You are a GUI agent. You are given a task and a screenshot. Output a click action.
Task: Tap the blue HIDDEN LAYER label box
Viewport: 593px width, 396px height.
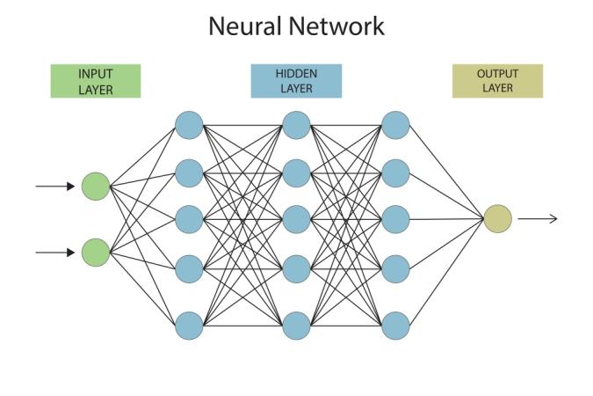296,81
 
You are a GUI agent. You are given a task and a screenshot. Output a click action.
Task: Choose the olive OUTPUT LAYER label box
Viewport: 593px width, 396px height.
497,81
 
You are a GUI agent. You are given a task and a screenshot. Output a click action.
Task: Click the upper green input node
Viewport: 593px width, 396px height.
95,187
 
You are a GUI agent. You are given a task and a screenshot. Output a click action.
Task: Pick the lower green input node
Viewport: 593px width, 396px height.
95,253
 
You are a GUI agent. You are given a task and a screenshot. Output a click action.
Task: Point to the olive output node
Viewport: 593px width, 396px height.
497,218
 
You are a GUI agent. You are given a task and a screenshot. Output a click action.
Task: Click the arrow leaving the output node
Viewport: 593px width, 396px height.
537,218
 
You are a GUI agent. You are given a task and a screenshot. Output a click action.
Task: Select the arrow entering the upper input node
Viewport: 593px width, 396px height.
56,187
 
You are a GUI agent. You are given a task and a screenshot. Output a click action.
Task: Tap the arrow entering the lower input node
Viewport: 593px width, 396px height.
56,253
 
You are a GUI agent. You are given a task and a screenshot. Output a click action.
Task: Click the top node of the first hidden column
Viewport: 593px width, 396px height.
189,125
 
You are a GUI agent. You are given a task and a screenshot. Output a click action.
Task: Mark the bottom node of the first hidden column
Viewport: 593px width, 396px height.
189,326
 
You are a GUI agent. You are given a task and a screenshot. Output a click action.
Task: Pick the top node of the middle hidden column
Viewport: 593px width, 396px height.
296,125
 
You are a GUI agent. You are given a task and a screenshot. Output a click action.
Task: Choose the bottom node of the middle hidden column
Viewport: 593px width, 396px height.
296,326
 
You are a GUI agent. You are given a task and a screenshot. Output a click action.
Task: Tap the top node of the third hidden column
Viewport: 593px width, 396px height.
397,125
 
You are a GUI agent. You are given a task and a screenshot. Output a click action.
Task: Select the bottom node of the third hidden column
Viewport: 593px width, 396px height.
397,326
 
